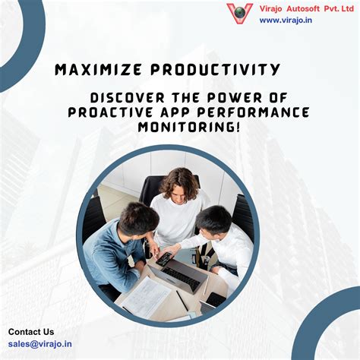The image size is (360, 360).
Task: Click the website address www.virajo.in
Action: (286, 21)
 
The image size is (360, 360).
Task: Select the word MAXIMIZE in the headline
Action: (99, 71)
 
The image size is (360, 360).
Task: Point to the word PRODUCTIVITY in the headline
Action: (216, 71)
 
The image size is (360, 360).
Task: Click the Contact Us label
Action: (31, 331)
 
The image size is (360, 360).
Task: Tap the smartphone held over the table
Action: (163, 258)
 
